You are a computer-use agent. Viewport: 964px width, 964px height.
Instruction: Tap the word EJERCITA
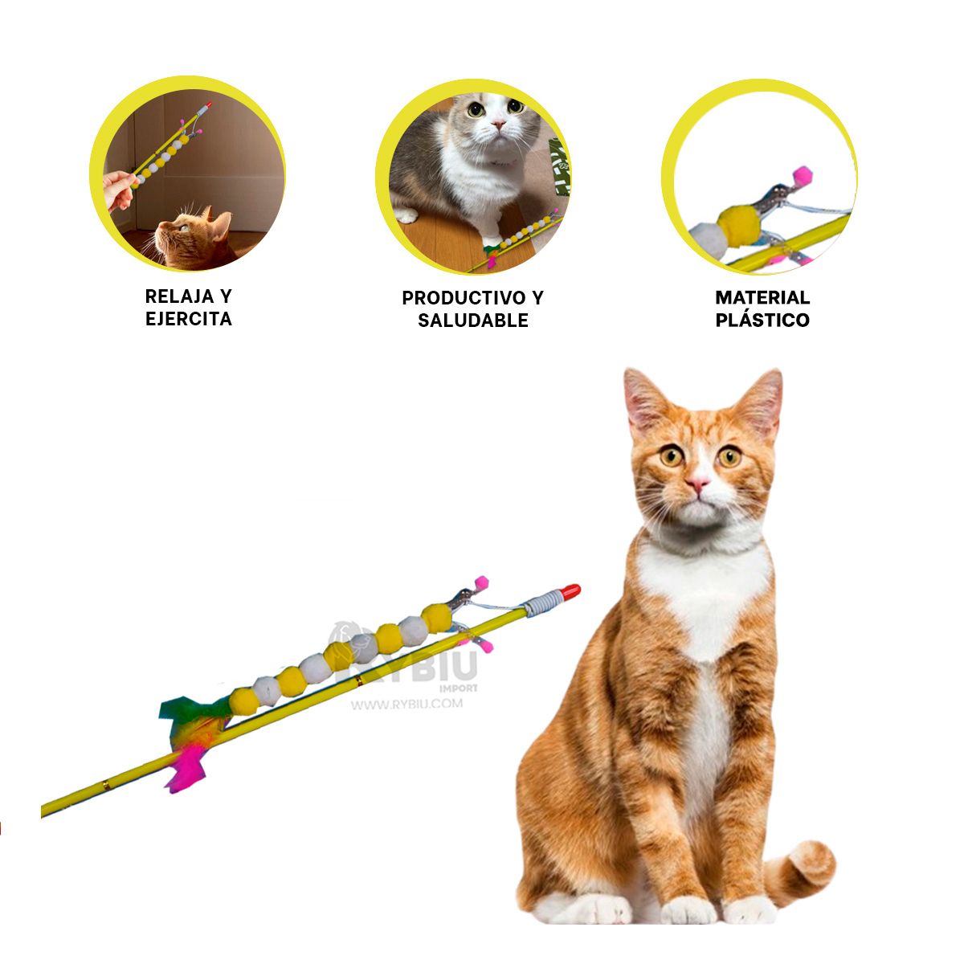[x=189, y=319]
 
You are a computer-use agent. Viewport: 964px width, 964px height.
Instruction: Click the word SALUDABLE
[x=473, y=321]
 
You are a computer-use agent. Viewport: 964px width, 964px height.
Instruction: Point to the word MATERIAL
[x=762, y=298]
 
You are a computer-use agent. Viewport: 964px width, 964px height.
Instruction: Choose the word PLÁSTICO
[x=762, y=320]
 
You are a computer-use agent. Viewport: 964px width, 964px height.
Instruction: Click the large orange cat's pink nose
[x=697, y=483]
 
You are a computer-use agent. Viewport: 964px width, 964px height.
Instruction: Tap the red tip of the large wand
[x=570, y=592]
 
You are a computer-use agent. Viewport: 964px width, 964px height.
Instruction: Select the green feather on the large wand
[x=183, y=708]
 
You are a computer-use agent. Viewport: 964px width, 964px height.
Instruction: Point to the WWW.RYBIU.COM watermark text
[x=406, y=705]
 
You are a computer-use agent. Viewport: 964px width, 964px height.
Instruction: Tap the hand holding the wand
[x=119, y=188]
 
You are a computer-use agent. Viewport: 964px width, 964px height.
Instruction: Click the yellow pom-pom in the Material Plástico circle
[x=736, y=225]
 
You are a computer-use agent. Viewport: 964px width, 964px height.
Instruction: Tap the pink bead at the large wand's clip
[x=481, y=582]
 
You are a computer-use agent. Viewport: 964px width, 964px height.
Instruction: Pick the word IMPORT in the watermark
[x=459, y=688]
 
